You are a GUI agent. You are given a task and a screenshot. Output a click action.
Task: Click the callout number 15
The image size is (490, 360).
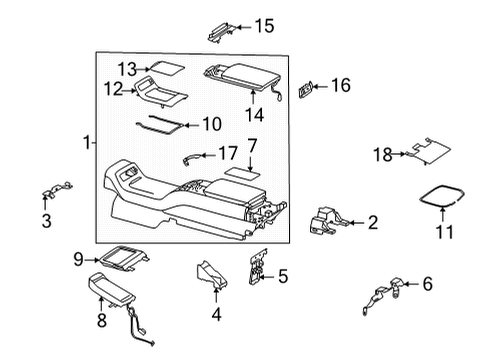[265, 26]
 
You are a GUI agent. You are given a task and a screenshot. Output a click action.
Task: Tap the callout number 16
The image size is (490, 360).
[341, 85]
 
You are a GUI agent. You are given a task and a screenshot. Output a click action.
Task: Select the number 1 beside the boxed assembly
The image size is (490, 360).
[87, 142]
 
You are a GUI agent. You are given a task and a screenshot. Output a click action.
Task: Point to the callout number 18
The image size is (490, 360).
[383, 155]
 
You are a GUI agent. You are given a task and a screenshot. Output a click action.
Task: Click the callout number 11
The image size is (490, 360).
[445, 232]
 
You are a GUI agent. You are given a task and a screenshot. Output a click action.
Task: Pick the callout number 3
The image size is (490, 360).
[47, 221]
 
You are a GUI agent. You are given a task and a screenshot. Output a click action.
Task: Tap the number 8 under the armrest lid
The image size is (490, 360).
[102, 320]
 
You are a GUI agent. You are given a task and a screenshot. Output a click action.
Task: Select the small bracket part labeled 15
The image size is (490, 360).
[220, 32]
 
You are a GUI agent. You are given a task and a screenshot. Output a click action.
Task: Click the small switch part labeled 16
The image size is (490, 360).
[306, 90]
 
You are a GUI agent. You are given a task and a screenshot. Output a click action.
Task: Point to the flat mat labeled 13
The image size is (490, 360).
[166, 68]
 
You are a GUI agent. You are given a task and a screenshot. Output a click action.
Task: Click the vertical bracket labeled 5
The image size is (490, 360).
[257, 267]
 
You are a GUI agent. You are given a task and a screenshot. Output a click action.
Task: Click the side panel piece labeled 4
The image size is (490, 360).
[212, 274]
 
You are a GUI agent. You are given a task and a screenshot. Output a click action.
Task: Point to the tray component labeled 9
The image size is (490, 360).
[123, 257]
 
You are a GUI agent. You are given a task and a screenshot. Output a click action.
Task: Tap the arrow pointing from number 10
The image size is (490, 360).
[193, 125]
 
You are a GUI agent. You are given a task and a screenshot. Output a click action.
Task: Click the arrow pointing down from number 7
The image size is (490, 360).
[250, 163]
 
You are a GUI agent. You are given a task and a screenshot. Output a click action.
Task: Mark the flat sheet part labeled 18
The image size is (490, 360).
[430, 151]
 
